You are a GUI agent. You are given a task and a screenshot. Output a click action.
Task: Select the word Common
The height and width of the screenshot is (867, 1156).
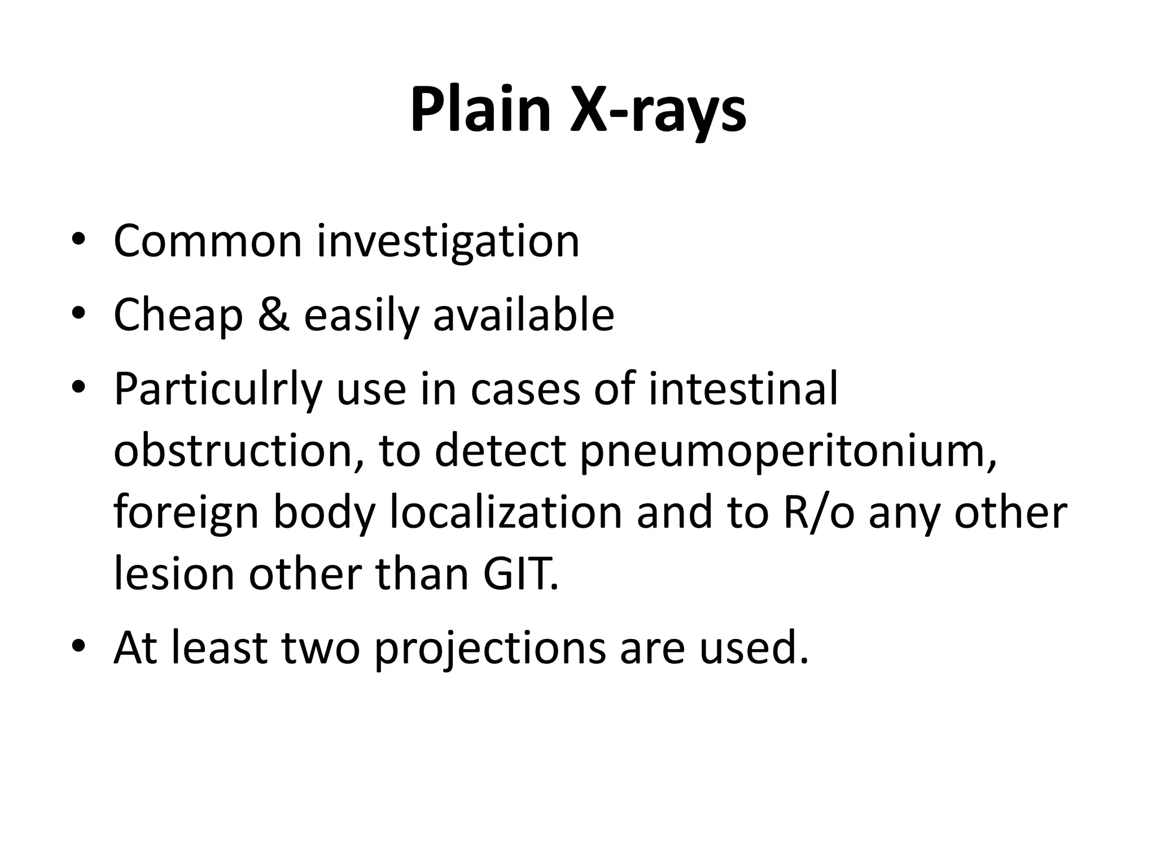208,241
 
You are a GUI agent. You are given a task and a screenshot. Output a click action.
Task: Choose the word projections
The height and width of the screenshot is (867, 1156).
490,649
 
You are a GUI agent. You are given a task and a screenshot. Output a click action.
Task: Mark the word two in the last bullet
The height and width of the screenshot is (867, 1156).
320,649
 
